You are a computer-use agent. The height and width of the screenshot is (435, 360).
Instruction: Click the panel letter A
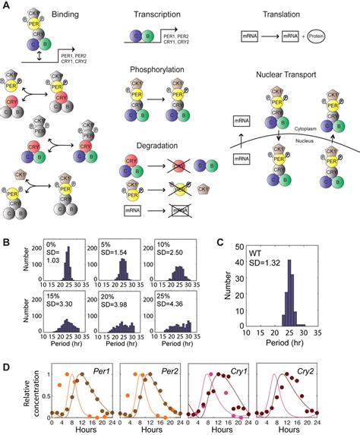[x=6, y=7]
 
